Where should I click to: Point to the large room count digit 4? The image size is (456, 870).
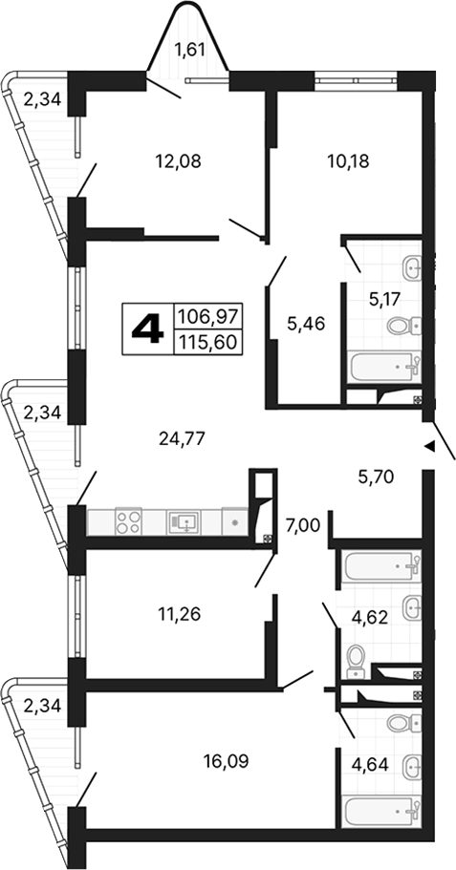[146, 330]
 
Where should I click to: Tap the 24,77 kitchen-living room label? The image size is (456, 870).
[184, 438]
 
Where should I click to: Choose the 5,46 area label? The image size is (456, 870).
[306, 323]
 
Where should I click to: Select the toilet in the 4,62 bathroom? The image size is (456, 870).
[356, 657]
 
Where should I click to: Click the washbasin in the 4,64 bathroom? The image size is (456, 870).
[411, 764]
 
